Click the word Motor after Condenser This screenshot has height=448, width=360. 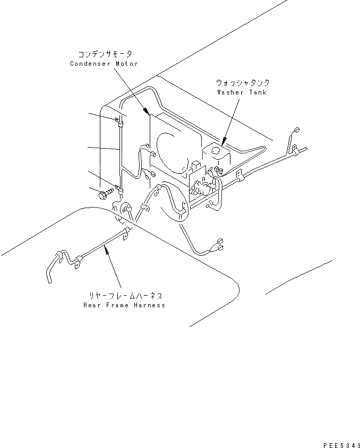[127, 64]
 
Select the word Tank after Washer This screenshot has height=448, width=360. [258, 92]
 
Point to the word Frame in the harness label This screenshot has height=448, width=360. [118, 305]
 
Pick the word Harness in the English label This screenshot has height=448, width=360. [150, 305]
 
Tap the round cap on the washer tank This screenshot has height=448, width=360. [216, 151]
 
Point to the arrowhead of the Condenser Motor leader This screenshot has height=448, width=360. [147, 113]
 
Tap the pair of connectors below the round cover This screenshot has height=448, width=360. [218, 245]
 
